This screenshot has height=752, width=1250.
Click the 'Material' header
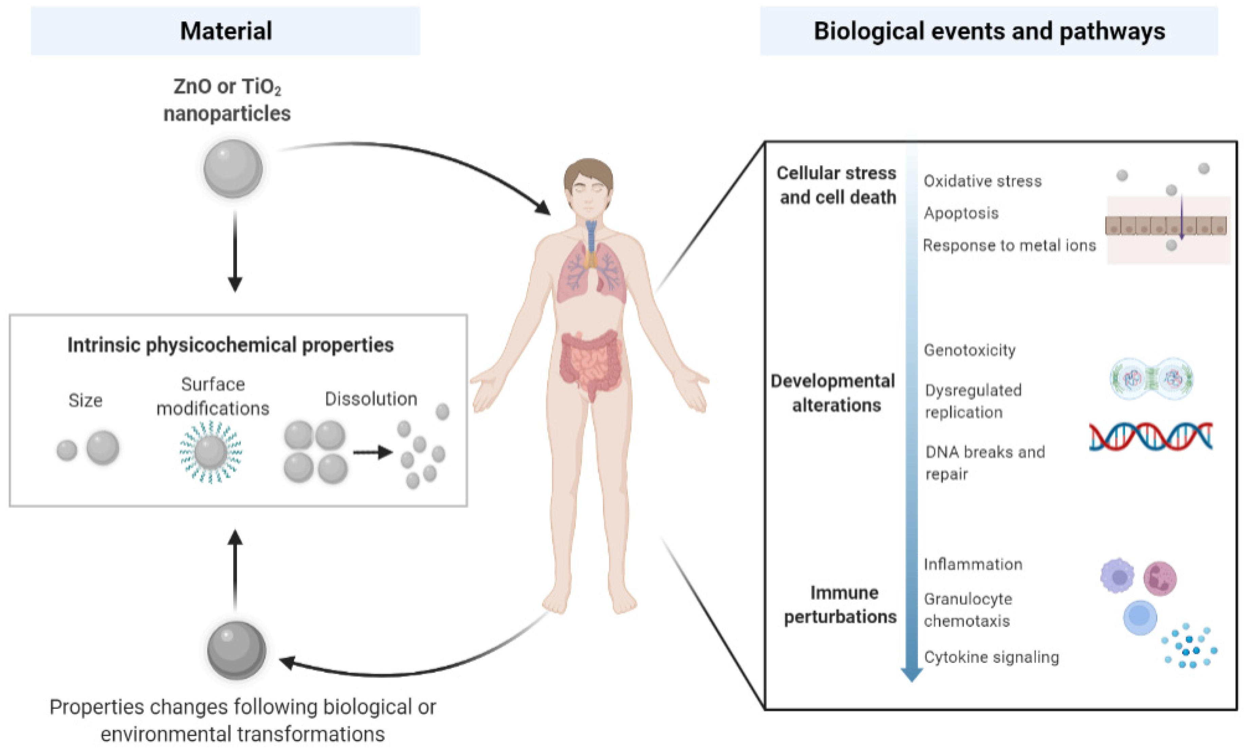tap(226, 31)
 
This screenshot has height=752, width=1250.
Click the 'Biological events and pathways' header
tap(989, 31)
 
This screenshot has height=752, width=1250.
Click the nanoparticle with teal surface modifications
tap(211, 451)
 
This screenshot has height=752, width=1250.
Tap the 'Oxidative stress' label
tap(982, 181)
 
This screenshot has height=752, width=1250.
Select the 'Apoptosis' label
tap(961, 213)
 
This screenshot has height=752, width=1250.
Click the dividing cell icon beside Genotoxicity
tap(1151, 379)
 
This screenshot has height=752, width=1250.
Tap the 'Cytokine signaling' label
tap(991, 657)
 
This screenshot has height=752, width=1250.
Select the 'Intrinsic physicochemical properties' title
tap(231, 345)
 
